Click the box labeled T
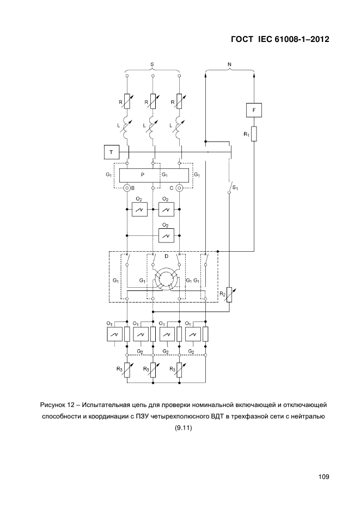[112, 152]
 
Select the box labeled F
[254, 110]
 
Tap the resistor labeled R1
[254, 133]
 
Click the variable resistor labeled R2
[229, 295]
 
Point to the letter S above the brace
[152, 64]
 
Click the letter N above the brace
[229, 64]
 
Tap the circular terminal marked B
[127, 188]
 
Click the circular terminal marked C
[179, 188]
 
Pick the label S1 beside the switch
[235, 188]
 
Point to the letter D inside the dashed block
[166, 256]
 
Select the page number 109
[324, 477]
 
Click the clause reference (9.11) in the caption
[184, 428]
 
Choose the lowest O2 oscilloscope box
[166, 235]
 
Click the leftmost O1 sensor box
[114, 334]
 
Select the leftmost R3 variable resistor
[127, 370]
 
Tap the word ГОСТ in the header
[242, 39]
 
